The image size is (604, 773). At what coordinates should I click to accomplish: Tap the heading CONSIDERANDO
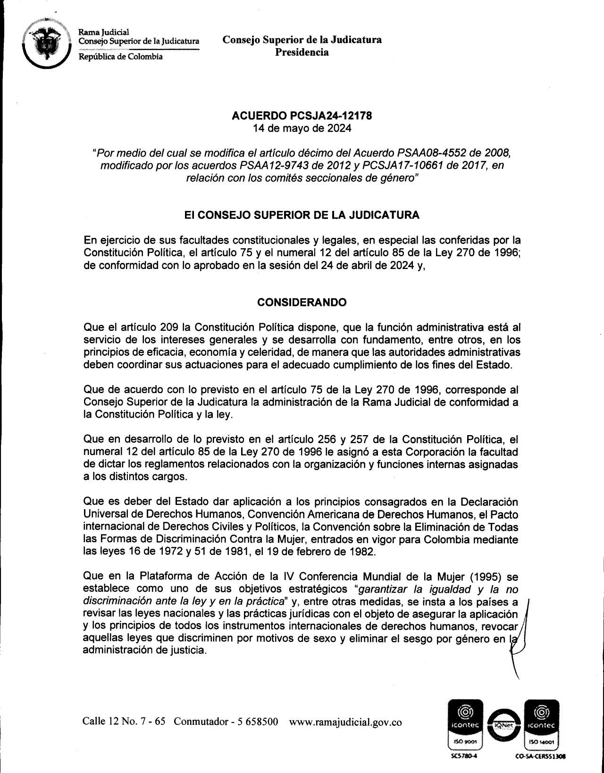302,302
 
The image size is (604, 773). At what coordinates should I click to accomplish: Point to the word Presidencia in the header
302,52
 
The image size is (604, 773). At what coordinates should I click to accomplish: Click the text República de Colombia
120,57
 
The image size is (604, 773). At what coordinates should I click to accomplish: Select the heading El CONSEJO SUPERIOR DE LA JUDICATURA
302,215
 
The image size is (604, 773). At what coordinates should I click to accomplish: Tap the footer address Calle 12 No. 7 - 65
124,722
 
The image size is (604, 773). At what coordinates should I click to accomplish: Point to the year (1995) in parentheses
484,576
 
